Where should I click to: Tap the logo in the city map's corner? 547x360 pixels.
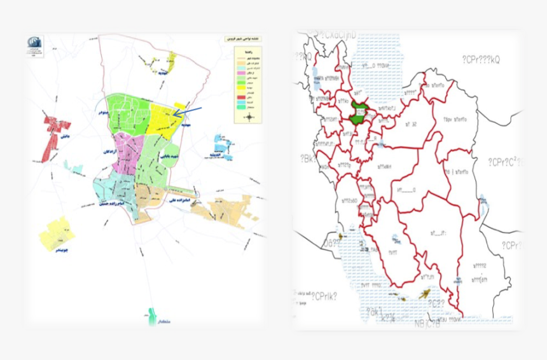click(35, 45)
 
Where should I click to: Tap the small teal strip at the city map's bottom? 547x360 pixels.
click(151, 315)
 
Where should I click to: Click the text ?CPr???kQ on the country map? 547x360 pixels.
click(481, 59)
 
